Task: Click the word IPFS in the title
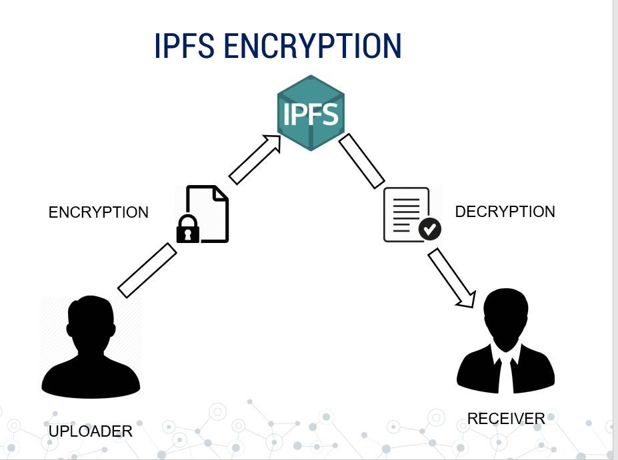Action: pyautogui.click(x=184, y=46)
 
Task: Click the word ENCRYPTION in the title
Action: pyautogui.click(x=312, y=46)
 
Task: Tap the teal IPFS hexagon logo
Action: pyautogui.click(x=311, y=113)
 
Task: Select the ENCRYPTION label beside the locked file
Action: pyautogui.click(x=99, y=212)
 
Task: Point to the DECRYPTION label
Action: pyautogui.click(x=505, y=212)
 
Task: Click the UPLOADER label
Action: pyautogui.click(x=91, y=431)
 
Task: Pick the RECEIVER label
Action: pyautogui.click(x=506, y=419)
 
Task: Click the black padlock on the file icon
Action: pyautogui.click(x=187, y=230)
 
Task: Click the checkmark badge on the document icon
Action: pyautogui.click(x=430, y=229)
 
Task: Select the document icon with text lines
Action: pyautogui.click(x=405, y=213)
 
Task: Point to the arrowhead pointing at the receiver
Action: pyautogui.click(x=467, y=297)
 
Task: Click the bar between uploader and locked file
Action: pyautogui.click(x=147, y=270)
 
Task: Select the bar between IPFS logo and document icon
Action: pyautogui.click(x=361, y=161)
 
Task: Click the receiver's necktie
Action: pyautogui.click(x=506, y=375)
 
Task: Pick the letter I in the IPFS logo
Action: pyautogui.click(x=287, y=114)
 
